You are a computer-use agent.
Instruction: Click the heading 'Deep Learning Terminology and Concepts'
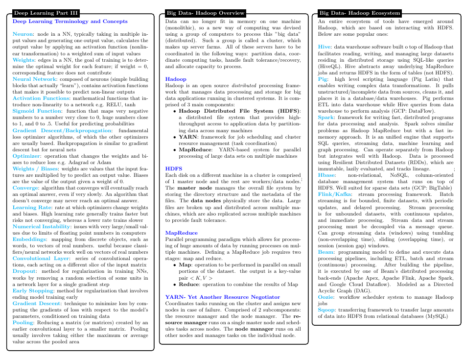70,22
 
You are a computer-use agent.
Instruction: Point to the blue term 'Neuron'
23,32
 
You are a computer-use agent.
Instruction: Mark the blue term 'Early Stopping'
33,290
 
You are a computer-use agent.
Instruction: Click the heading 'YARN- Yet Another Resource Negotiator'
222,297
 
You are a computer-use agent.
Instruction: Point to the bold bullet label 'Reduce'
188,284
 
